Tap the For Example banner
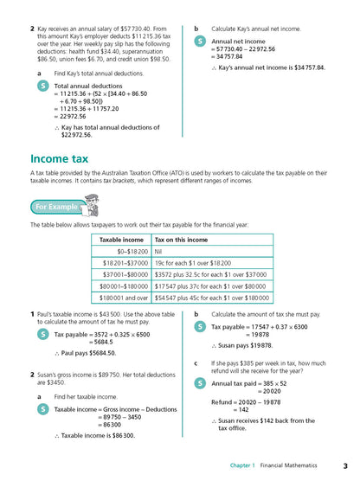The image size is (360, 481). coord(55,207)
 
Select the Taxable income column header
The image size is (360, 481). coord(121,239)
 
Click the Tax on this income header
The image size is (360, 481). coord(181,239)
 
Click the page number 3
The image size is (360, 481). coord(345,466)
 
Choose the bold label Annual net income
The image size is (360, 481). coord(239,41)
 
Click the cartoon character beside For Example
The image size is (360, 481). coord(94,204)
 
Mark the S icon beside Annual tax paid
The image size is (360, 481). coord(200,382)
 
